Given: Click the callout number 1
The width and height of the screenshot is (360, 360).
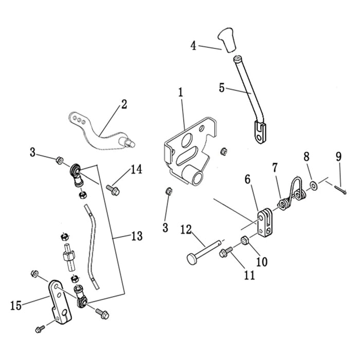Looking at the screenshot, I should point(181,93).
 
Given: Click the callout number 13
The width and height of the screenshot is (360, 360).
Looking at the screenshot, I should point(136,237).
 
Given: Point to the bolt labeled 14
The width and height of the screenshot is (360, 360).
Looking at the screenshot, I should point(113,190).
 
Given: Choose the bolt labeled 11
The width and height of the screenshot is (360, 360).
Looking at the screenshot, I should point(226,253).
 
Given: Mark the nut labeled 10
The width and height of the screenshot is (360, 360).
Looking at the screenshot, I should point(245,239).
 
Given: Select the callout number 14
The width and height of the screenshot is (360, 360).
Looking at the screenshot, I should point(136,169).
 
